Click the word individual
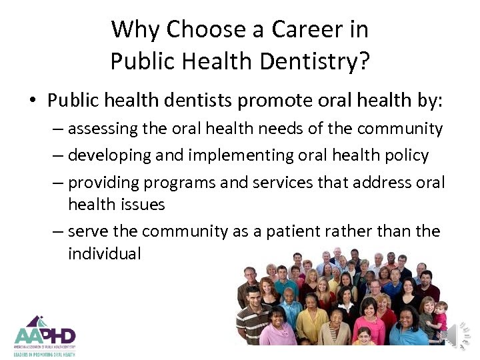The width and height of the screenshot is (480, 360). pos(104,253)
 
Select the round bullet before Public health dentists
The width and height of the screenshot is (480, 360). pos(32,101)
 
